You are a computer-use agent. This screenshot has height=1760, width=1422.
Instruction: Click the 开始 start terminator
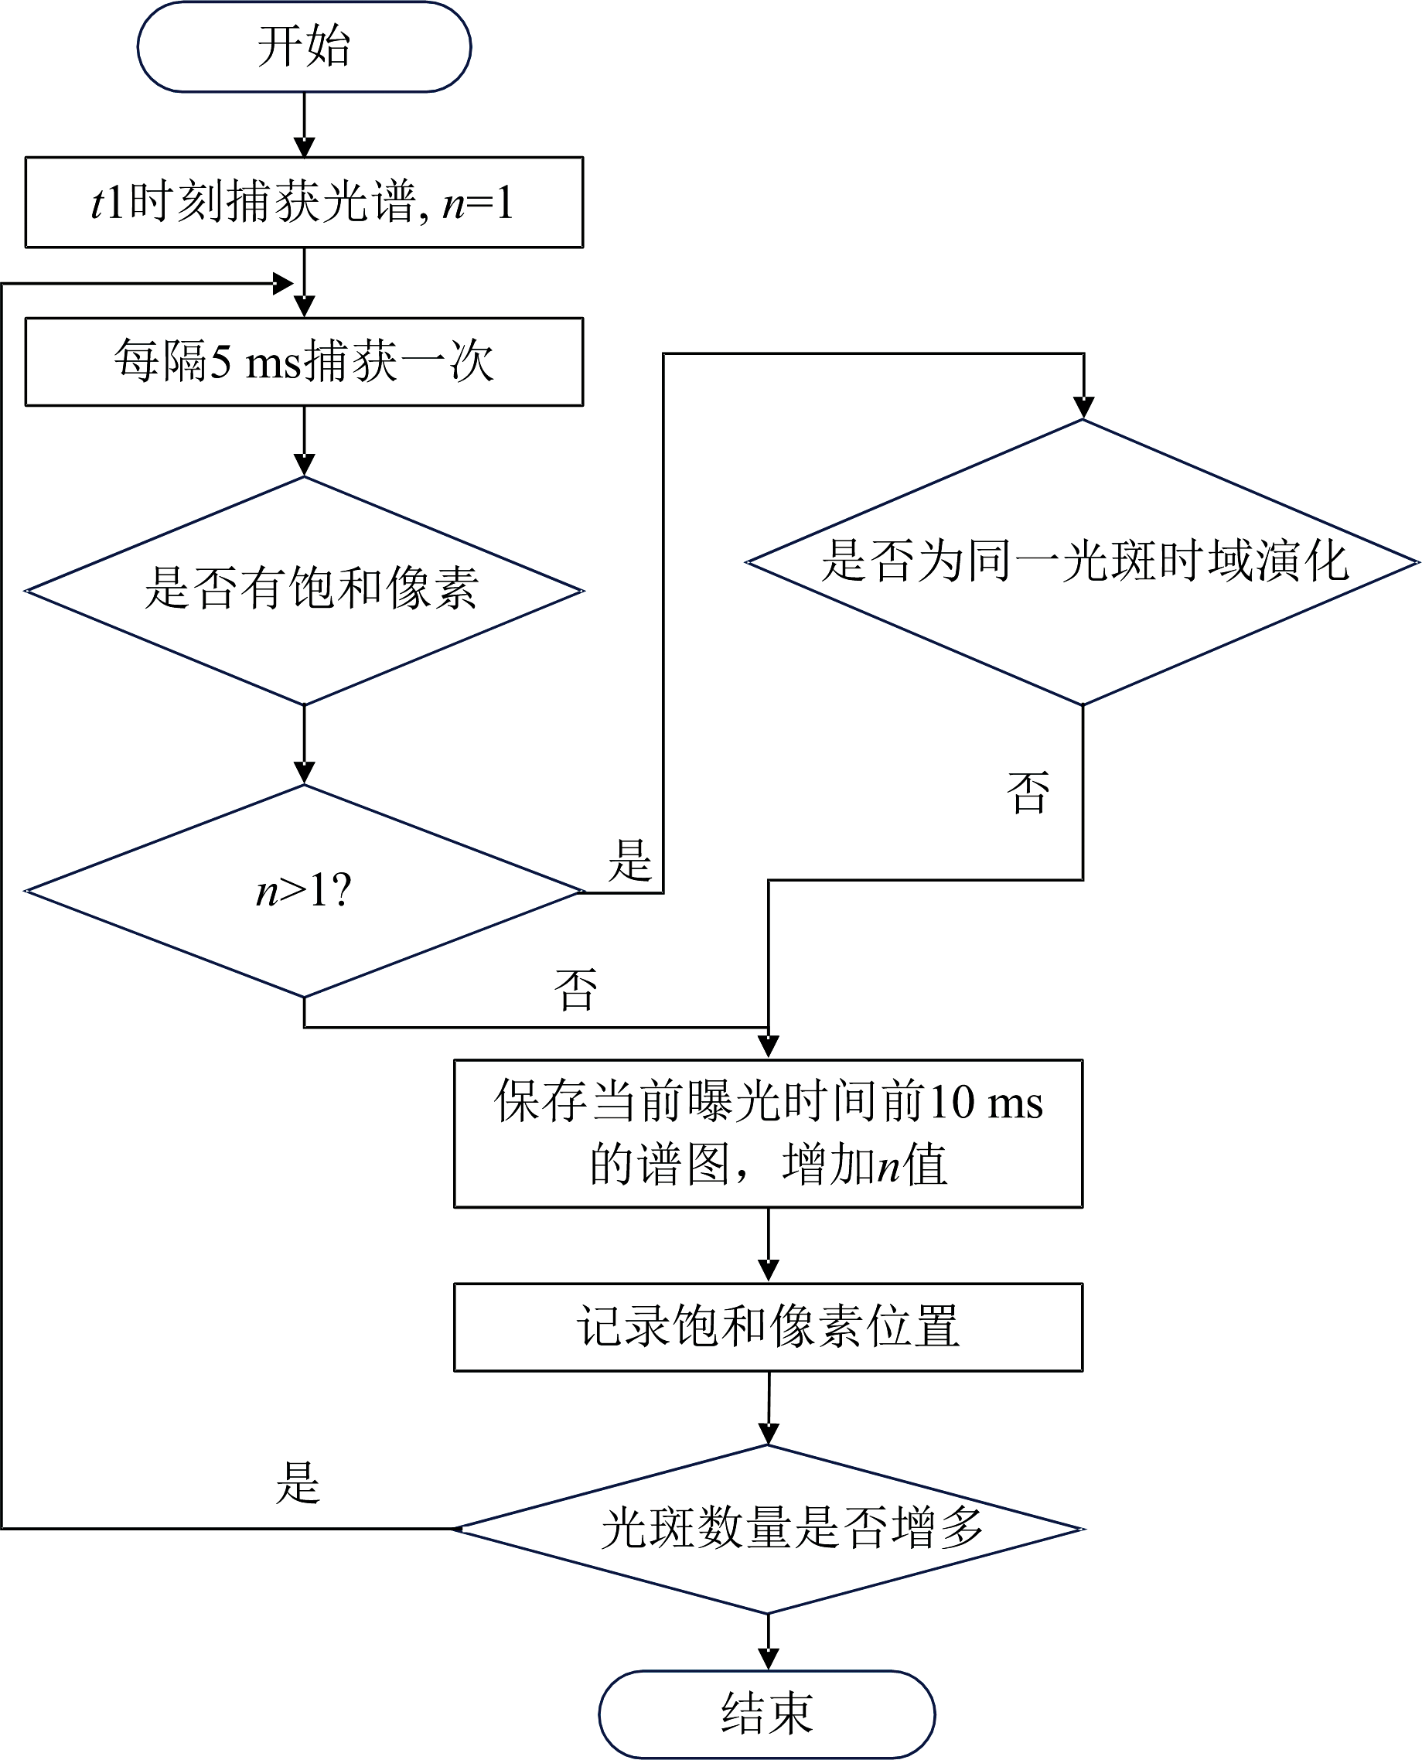click(304, 46)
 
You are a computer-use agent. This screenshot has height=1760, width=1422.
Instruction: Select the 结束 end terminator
click(767, 1714)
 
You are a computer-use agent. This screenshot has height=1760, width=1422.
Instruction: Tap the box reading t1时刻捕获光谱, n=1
click(304, 203)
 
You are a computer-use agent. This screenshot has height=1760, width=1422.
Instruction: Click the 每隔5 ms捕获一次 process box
click(304, 361)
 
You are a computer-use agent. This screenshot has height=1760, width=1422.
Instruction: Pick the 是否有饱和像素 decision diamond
click(304, 590)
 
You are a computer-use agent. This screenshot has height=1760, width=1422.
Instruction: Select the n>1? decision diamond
click(304, 890)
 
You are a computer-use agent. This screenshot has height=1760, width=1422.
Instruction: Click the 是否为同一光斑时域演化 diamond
click(1083, 562)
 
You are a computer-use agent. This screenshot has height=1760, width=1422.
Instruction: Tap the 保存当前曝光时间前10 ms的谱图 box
click(768, 1133)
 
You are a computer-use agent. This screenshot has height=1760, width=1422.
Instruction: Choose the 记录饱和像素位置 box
click(768, 1327)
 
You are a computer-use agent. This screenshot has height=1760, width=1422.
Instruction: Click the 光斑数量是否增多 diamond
click(769, 1528)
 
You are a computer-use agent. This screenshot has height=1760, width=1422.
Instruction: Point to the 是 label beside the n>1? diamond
click(629, 861)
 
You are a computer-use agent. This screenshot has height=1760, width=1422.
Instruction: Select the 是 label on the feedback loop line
click(298, 1482)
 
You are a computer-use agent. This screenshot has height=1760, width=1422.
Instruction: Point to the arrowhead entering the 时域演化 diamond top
click(1083, 407)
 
